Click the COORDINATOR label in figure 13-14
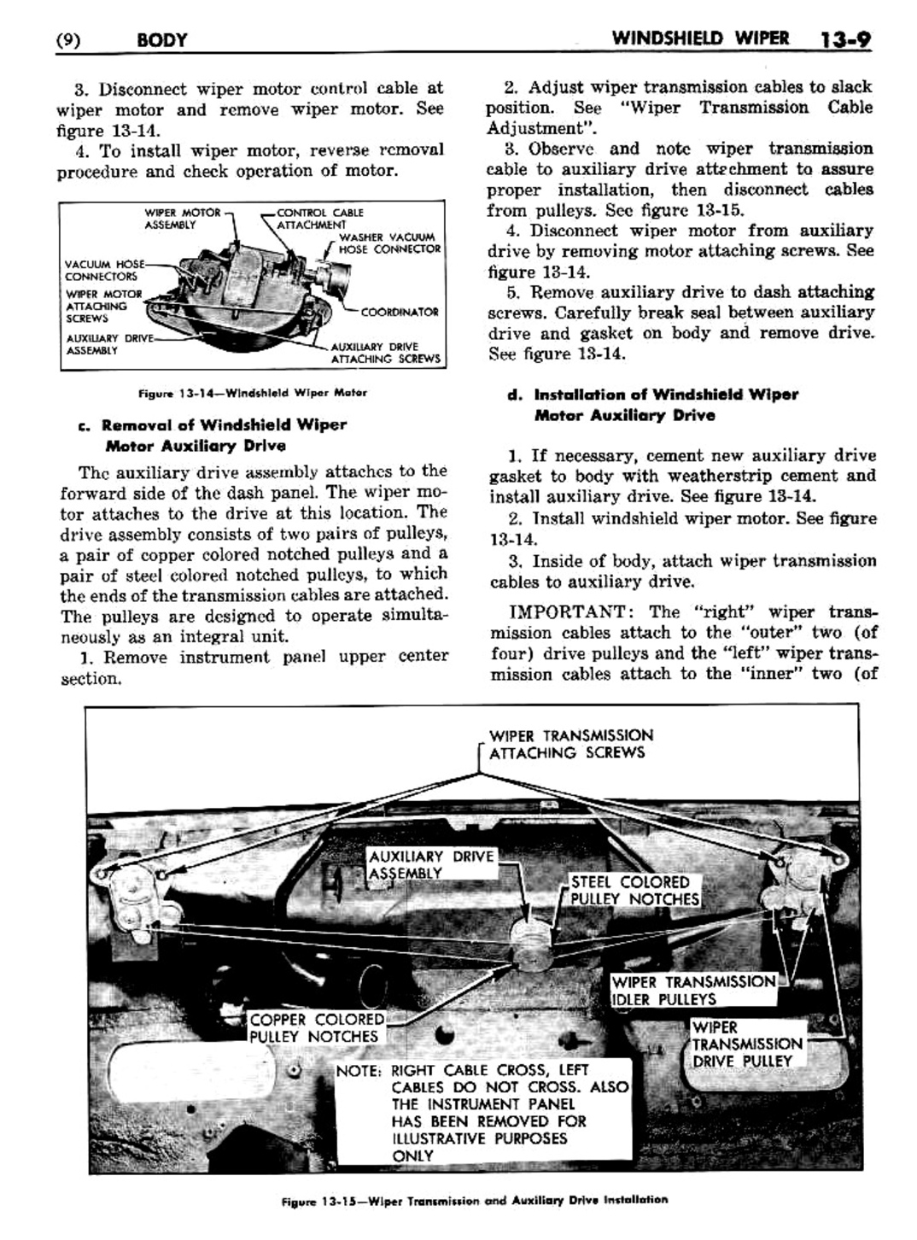[399, 312]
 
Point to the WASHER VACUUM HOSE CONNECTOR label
[388, 243]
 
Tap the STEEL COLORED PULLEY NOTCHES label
[634, 891]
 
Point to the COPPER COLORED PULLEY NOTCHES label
[316, 1028]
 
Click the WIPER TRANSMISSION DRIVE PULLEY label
[746, 1044]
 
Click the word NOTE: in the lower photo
[359, 1071]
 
